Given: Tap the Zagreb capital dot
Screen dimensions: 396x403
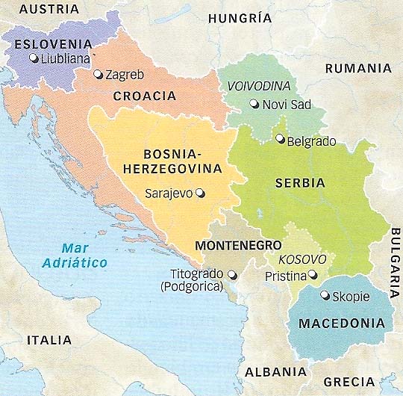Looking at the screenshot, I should [x=98, y=75].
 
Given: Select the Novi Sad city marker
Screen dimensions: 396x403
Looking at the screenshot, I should [x=254, y=105].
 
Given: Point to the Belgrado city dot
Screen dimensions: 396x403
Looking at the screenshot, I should [x=279, y=138].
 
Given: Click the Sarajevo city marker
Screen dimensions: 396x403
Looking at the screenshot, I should [x=199, y=193].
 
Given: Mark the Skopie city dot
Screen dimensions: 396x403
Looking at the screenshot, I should [x=324, y=295].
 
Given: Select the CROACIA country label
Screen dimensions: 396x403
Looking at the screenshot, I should [x=145, y=96].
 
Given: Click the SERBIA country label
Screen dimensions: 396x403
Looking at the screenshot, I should [x=300, y=182].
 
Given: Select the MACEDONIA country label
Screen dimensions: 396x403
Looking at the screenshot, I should [x=342, y=324].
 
